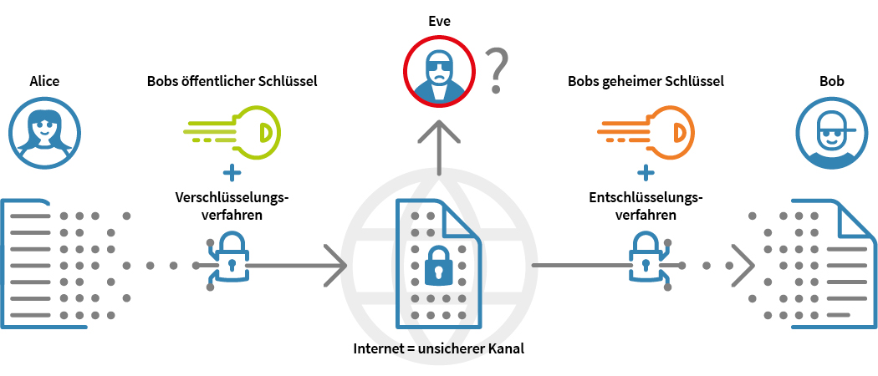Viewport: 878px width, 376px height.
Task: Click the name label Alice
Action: (x=44, y=81)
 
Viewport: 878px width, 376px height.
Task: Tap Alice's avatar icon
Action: (x=44, y=132)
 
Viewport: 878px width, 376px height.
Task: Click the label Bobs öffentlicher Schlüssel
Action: (x=232, y=81)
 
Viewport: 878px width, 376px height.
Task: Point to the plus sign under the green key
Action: (x=232, y=174)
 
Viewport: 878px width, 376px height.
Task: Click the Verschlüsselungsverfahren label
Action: (x=232, y=206)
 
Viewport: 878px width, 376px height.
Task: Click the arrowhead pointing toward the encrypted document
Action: (x=334, y=266)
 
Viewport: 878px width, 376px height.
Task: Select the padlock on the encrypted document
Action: (x=438, y=265)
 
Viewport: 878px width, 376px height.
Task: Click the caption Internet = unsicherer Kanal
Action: (x=439, y=348)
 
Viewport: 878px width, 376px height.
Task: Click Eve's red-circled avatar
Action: (x=439, y=74)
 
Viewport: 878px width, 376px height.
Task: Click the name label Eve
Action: (x=439, y=22)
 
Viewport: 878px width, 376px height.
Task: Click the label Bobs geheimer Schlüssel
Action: (x=646, y=81)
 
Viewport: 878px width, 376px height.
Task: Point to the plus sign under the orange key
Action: (x=646, y=174)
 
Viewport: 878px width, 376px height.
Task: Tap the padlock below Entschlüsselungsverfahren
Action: (x=645, y=254)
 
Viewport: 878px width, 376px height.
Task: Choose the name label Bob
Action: (x=831, y=81)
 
